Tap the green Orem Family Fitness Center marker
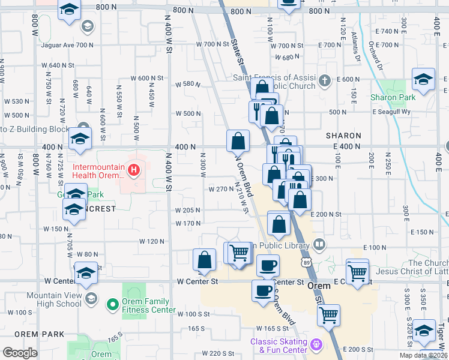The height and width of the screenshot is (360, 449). click(112, 305)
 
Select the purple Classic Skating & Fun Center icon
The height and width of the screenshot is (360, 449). click(316, 346)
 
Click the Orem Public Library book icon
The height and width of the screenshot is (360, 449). click(319, 245)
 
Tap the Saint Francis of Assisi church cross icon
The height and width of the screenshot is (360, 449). click(325, 80)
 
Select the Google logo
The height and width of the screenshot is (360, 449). click(20, 352)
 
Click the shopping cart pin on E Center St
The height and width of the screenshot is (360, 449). click(357, 271)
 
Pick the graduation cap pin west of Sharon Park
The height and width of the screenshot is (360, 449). click(423, 79)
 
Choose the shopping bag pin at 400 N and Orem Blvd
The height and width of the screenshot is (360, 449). click(238, 141)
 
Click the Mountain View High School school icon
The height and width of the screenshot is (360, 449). click(91, 298)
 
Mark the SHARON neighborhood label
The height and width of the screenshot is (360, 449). click(344, 136)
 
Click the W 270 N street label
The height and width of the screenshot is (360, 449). click(220, 189)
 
